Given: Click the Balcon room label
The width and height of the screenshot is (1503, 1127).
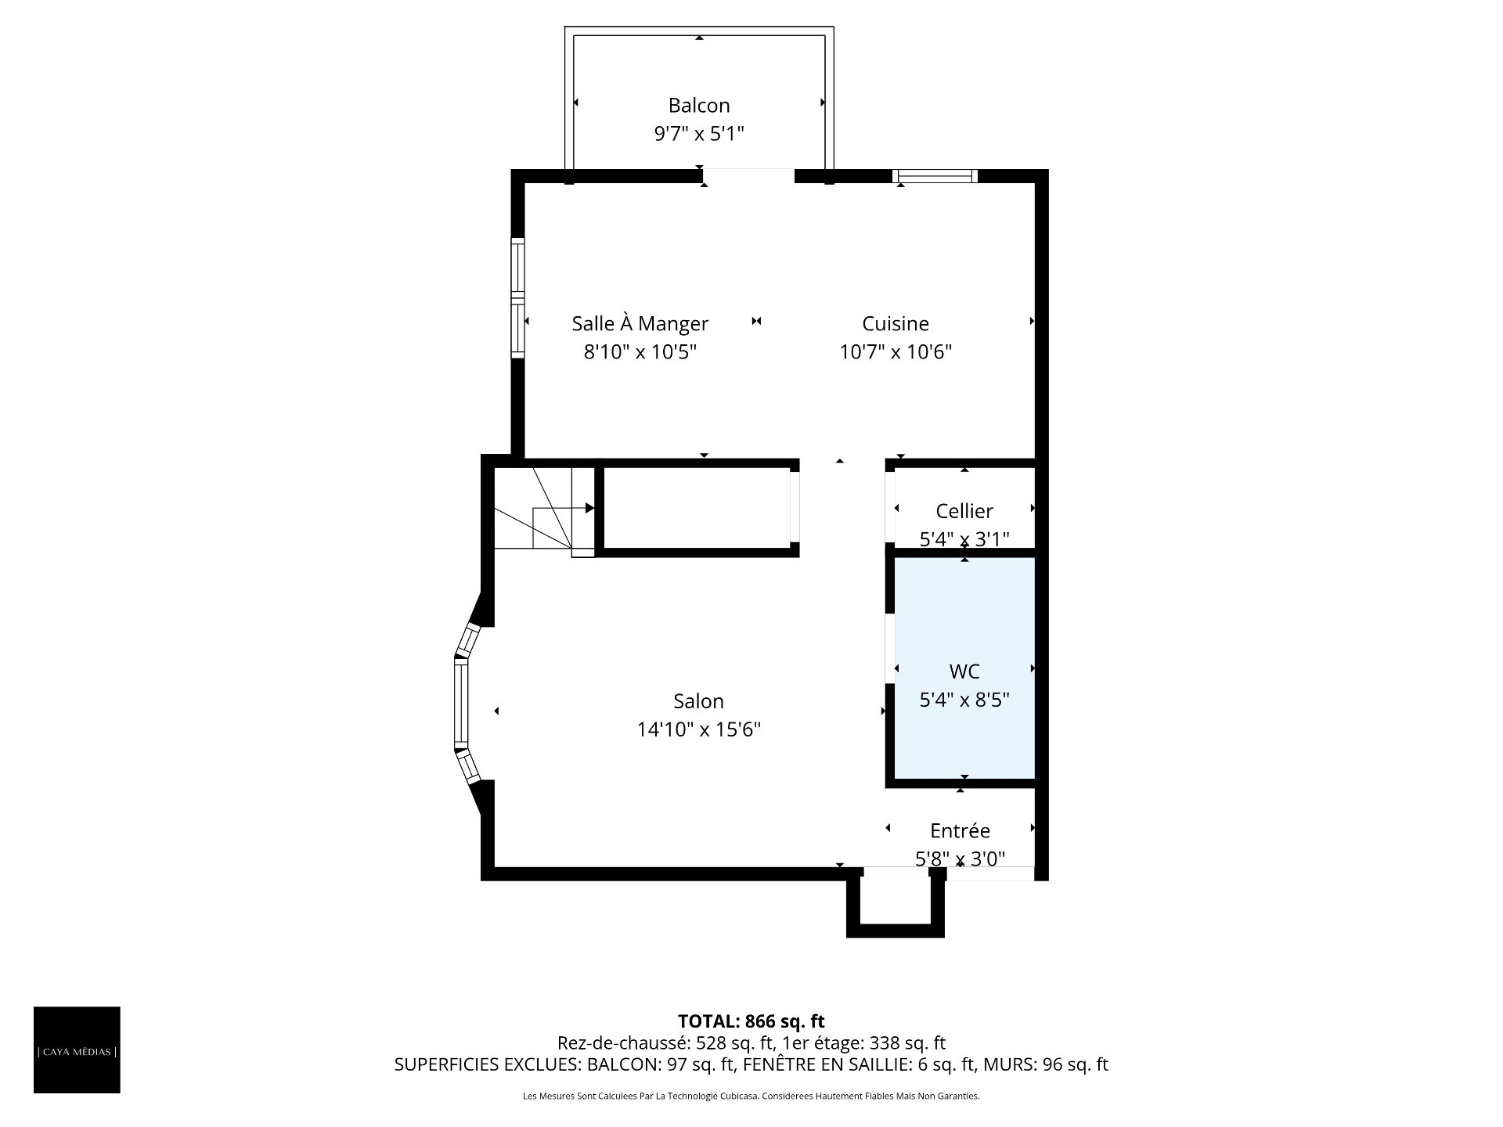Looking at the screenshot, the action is coord(699,106).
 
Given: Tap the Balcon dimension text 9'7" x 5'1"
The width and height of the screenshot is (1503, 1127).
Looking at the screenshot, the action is coord(699,134).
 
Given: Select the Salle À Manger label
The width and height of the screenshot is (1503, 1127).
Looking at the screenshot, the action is coord(640,323).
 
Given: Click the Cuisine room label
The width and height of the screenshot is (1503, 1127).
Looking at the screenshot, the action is coord(896,323).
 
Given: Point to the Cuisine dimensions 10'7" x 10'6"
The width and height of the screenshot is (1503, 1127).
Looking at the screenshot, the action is coord(896,351).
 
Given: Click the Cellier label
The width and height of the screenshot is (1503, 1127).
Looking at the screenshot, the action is coord(964,511).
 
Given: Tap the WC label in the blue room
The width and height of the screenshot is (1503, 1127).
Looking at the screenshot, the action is coord(964,672).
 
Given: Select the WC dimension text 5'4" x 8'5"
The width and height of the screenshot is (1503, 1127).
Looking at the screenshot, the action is coord(964,700).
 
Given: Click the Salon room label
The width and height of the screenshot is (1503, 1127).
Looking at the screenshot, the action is coord(699,701).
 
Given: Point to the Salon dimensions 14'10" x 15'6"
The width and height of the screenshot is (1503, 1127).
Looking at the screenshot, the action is coord(699,729).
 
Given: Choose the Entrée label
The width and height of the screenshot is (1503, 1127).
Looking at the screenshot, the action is coord(960,830).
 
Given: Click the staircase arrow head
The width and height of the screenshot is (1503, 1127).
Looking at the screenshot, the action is coord(590,508).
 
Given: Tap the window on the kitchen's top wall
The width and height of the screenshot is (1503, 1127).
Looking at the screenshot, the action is coord(935,176).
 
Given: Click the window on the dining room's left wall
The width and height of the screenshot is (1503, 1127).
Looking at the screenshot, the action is coord(517,298).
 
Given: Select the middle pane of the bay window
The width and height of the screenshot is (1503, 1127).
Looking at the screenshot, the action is coord(461,702).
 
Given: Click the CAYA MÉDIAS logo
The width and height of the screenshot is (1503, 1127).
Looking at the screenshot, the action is coord(77,1050).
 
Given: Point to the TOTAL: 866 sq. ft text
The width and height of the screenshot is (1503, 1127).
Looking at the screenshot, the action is coord(751,1021).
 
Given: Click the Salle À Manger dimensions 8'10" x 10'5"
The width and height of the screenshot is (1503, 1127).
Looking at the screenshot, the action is coord(640,351).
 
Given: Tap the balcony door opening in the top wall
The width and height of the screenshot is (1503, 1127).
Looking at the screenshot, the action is coord(748,176).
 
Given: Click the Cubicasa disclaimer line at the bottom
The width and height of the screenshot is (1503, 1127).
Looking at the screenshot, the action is coord(751,1096).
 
